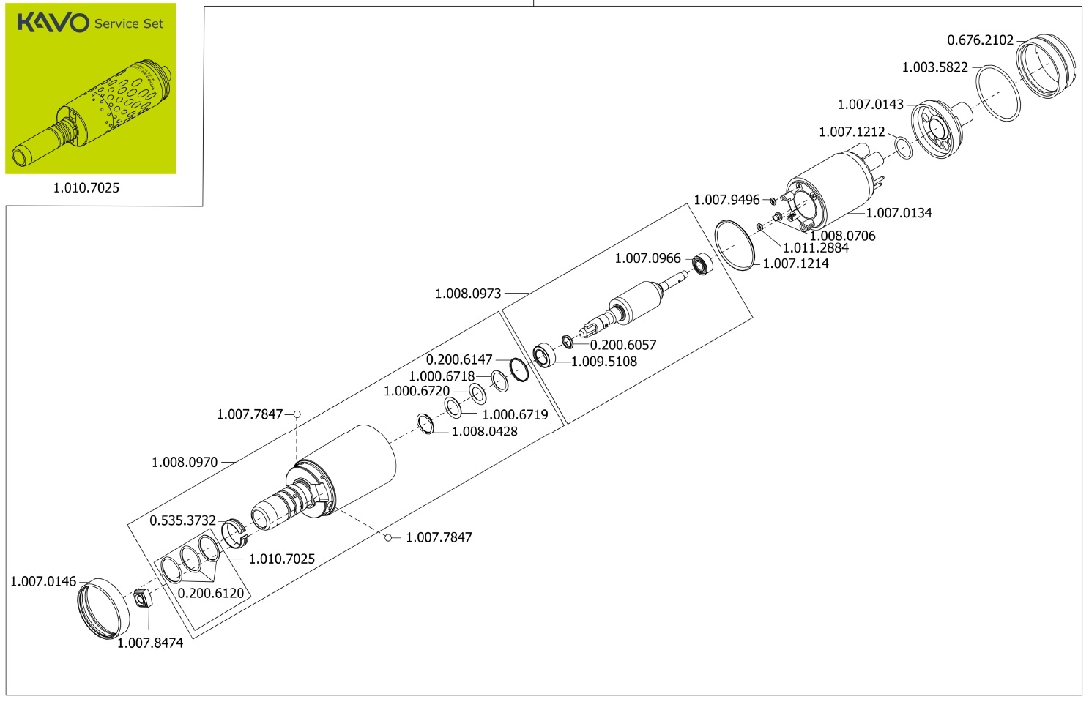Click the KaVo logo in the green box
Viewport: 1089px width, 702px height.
tap(53, 23)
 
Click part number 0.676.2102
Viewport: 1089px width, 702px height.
tap(980, 40)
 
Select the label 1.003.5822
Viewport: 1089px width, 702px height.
tap(934, 67)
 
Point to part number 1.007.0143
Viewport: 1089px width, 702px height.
tap(870, 105)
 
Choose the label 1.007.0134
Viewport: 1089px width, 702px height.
tap(899, 213)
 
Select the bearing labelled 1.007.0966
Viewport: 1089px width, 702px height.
tap(702, 264)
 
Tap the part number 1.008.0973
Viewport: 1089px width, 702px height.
tap(468, 294)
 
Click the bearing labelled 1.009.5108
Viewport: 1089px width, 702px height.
tap(543, 356)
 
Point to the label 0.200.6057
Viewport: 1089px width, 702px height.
tap(622, 345)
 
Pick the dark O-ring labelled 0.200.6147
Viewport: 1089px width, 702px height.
tap(519, 370)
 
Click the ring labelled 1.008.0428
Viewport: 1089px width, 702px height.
tap(425, 423)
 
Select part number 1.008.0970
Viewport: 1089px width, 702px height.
tap(185, 463)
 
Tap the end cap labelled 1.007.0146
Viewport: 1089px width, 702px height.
tap(103, 608)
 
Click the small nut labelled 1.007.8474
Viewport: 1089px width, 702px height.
tap(141, 600)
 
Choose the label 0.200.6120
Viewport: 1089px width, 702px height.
tap(211, 593)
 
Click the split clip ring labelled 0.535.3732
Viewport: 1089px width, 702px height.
tap(234, 531)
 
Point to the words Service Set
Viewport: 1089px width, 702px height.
tap(129, 23)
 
